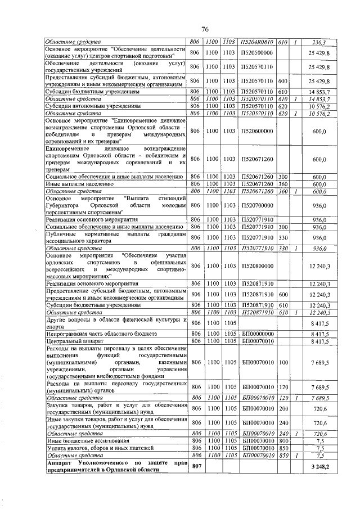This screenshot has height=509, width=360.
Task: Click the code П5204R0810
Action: pyautogui.click(x=256, y=42)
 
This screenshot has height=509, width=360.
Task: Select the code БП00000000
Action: pyautogui.click(x=256, y=333)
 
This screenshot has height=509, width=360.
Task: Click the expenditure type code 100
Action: pyautogui.click(x=283, y=363)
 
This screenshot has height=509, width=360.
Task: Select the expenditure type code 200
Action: pyautogui.click(x=283, y=408)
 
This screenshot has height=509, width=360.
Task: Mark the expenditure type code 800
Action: pyautogui.click(x=283, y=440)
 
